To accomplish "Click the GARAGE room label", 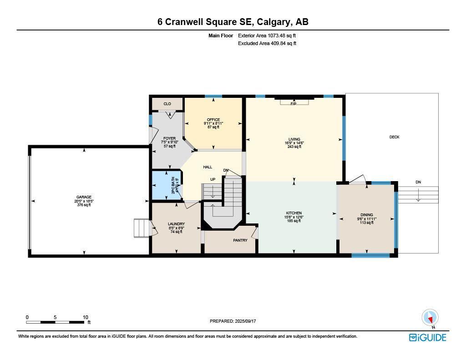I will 84,197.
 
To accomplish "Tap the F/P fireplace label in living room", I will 294,104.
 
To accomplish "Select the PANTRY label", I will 240,240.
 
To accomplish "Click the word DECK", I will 394,137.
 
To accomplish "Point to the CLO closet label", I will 167,104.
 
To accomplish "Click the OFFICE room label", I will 213,120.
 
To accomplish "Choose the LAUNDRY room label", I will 176,224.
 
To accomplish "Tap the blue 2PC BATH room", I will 166,186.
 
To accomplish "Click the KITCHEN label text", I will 294,213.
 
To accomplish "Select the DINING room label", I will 367,215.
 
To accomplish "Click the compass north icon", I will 430,317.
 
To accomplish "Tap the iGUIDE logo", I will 427,337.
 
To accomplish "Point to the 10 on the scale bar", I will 85,317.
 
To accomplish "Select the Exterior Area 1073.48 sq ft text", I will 267,35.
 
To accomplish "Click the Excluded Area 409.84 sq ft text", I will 267,44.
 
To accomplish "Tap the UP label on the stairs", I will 213,179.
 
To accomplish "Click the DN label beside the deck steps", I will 418,182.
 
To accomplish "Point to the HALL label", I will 208,167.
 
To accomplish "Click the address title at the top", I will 233,22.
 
